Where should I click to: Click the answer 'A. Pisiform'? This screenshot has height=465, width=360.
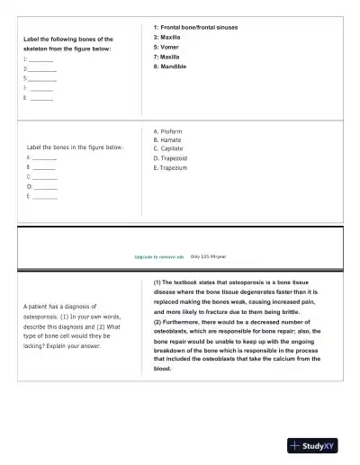click(169, 130)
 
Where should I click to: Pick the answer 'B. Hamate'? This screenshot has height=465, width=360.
click(168, 139)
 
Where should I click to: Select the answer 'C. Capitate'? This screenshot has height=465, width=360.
click(170, 148)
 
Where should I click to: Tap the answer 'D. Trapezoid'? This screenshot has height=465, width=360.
click(172, 158)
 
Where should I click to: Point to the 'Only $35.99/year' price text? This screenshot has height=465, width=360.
click(208, 256)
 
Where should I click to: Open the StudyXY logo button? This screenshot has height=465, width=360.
click(311, 446)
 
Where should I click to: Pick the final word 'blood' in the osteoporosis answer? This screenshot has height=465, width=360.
click(162, 368)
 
